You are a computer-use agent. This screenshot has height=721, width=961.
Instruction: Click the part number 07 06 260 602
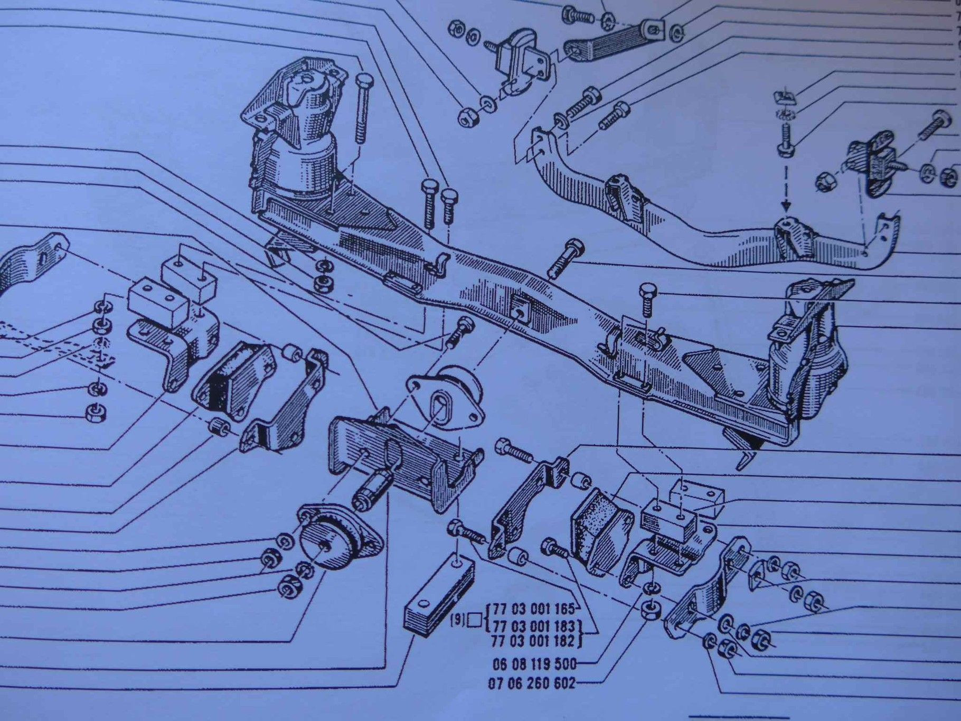point(532,683)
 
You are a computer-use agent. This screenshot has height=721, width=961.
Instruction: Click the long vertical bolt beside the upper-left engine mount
point(362,108)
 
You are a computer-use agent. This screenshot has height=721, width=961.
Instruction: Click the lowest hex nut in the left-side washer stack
point(95,412)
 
